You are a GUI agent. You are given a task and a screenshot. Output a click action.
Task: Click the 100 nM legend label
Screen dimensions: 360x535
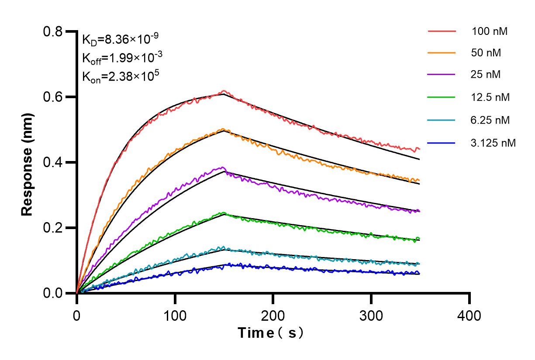(x=489, y=31)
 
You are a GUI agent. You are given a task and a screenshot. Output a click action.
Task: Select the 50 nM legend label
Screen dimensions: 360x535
(x=486, y=53)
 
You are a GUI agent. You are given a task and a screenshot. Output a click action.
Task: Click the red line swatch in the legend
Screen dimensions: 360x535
(x=442, y=31)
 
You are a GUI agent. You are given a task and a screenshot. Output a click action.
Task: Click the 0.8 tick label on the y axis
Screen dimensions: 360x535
(x=53, y=31)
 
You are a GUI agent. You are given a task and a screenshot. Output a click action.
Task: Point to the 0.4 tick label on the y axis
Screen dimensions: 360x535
(x=53, y=162)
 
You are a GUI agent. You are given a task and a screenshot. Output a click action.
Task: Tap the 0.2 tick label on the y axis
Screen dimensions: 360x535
(x=53, y=228)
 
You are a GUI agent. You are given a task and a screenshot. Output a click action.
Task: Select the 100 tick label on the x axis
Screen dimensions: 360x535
(x=175, y=315)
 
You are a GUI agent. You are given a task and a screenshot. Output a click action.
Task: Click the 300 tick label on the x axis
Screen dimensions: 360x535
(x=371, y=315)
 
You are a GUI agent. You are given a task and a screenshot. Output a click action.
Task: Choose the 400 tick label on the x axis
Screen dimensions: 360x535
(x=469, y=315)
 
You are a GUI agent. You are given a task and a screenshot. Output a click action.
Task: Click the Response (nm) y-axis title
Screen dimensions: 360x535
(x=28, y=162)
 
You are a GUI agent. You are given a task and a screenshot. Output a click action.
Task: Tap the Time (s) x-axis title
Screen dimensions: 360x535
(x=271, y=334)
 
